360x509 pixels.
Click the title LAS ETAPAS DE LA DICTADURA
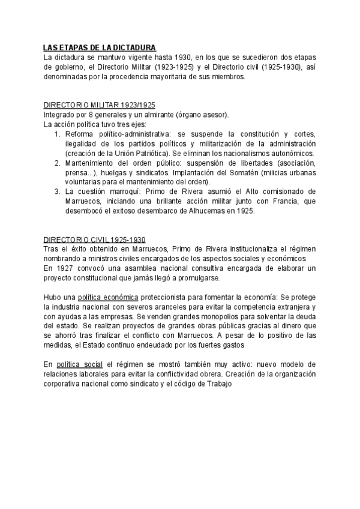tap(100, 47)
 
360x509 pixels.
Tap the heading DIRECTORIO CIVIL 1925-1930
tap(95, 238)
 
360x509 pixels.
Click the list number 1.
tap(57, 134)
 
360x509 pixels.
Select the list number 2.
tap(57, 163)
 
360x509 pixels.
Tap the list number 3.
tap(57, 191)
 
